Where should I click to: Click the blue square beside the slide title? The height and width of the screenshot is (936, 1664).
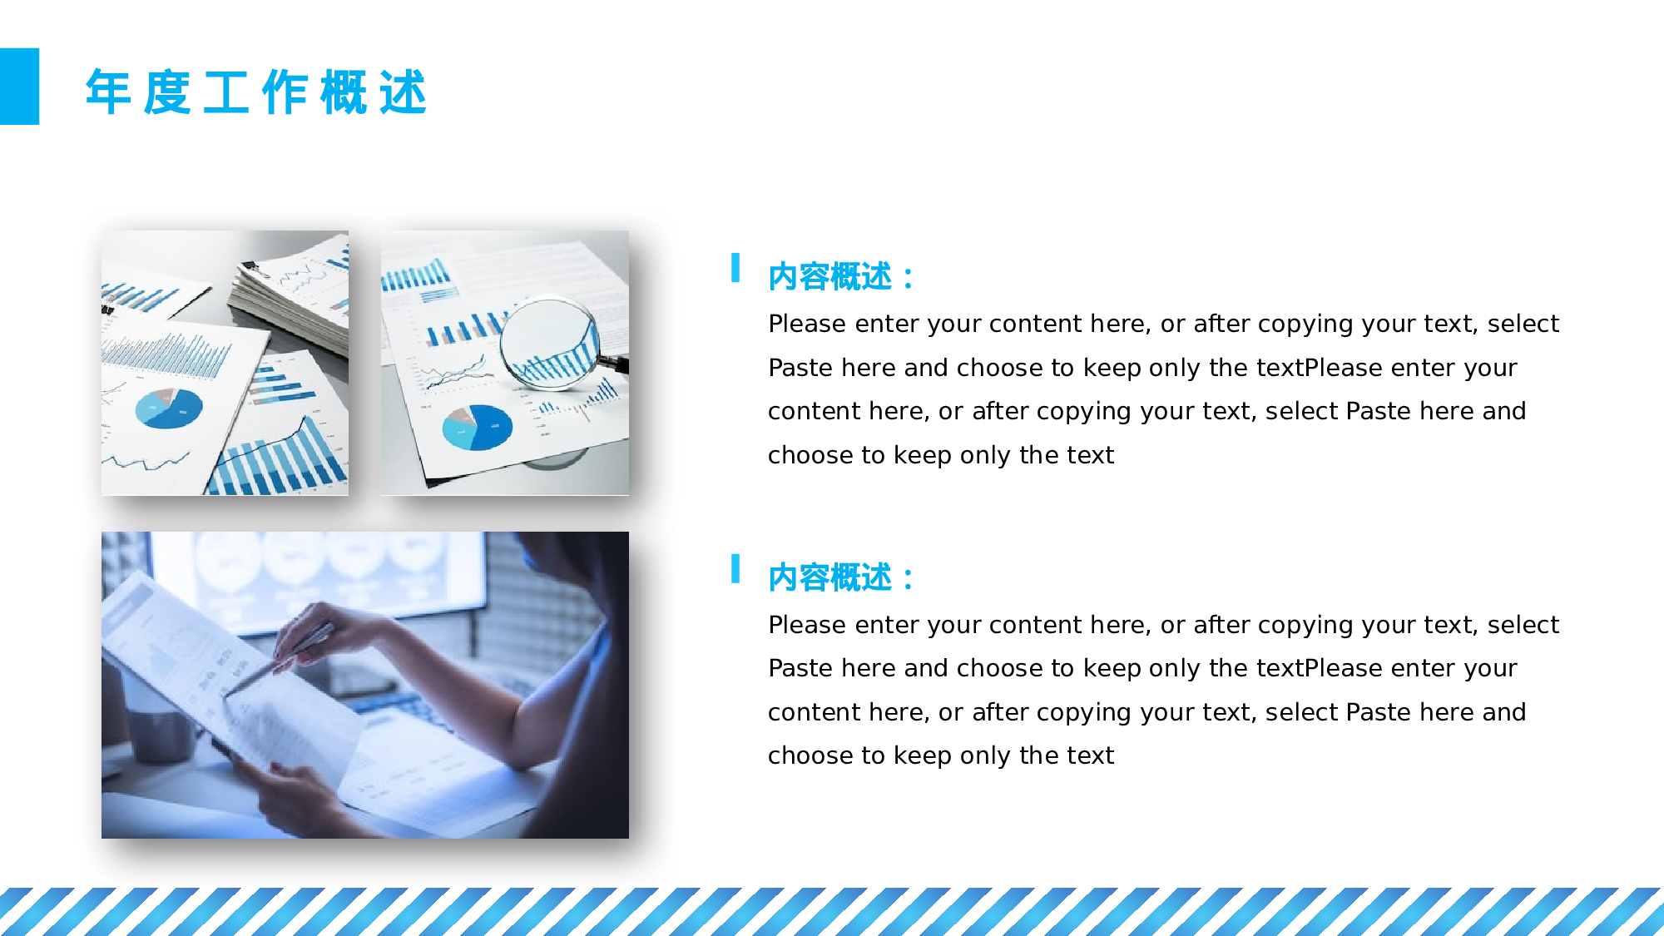(x=19, y=87)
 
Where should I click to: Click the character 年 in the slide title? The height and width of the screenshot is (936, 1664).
(x=109, y=92)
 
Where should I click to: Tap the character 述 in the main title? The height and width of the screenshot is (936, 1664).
(x=404, y=92)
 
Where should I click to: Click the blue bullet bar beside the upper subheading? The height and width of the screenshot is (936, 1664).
(x=735, y=268)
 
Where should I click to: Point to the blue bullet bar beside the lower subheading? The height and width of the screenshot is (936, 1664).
(x=735, y=568)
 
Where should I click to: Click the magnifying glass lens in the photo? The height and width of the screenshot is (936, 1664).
(x=550, y=342)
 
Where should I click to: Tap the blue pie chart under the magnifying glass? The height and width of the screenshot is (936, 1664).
(x=477, y=427)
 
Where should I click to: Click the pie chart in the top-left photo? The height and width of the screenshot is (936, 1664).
(x=169, y=408)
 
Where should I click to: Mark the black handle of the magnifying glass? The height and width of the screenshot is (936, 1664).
(x=614, y=362)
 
